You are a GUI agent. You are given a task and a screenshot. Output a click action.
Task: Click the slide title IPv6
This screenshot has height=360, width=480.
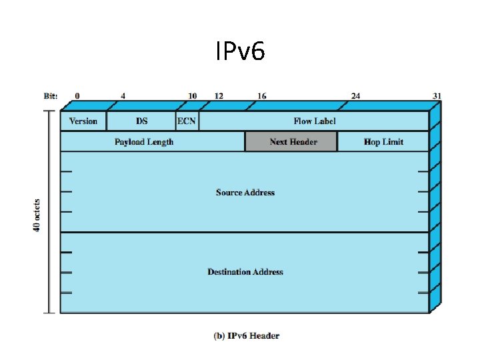click(240, 51)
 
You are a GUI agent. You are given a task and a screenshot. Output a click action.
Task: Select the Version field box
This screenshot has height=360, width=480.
click(83, 121)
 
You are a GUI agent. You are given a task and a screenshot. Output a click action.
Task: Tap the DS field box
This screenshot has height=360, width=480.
click(141, 121)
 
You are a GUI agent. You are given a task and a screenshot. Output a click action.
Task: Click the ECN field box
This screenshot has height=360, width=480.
click(187, 121)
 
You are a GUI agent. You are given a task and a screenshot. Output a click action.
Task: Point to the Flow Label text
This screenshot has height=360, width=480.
click(314, 121)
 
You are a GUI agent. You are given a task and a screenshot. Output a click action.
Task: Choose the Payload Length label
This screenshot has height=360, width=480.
click(144, 142)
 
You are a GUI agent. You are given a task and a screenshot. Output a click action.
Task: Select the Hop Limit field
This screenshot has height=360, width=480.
click(383, 142)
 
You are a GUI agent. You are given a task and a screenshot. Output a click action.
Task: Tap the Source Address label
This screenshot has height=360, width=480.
click(245, 193)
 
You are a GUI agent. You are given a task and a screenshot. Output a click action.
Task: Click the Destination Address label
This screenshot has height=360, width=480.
click(245, 272)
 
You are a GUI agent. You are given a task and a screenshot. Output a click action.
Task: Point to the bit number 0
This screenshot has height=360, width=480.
click(77, 96)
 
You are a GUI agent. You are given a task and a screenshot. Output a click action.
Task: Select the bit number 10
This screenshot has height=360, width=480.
click(192, 96)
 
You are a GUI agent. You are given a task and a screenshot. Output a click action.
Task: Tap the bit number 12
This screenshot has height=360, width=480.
click(219, 96)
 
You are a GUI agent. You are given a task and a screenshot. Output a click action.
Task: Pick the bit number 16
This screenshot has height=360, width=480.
click(262, 96)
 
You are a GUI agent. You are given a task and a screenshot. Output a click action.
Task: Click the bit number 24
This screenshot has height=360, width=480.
click(355, 96)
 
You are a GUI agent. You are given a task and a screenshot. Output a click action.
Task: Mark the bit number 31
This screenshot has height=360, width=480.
click(437, 96)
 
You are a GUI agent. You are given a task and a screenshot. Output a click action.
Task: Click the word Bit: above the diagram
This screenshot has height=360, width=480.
click(51, 96)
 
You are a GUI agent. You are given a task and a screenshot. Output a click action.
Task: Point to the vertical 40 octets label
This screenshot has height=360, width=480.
click(37, 215)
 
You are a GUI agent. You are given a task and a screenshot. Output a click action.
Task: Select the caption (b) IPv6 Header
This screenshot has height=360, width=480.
click(247, 336)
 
